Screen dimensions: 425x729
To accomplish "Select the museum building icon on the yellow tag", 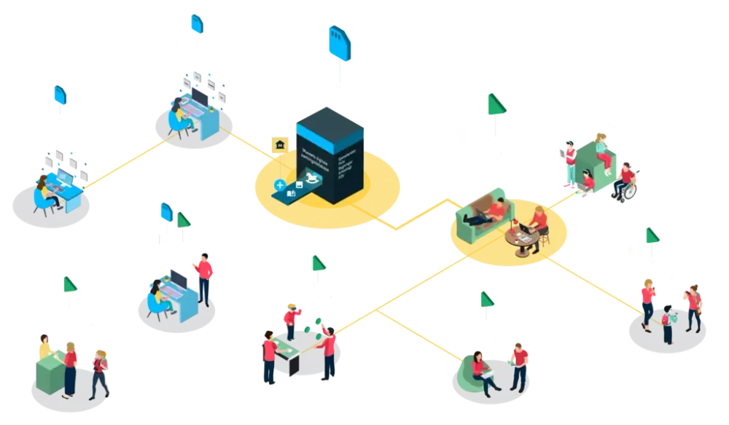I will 278,146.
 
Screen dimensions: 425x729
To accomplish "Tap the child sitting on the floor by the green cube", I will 588,182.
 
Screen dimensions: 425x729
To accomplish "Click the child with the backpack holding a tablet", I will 667,323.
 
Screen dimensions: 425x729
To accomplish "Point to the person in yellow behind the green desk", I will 44,347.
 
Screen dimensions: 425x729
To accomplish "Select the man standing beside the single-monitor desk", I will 205,277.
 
